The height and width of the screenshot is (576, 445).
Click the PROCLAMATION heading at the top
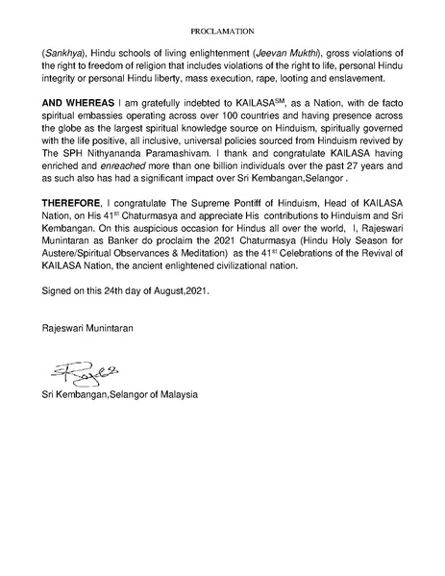[x=221, y=32]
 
